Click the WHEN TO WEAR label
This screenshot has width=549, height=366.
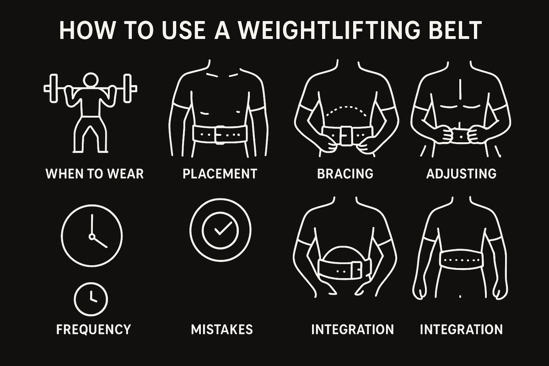(x=95, y=174)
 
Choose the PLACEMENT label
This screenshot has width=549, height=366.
(x=220, y=174)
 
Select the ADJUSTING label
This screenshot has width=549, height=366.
(x=461, y=174)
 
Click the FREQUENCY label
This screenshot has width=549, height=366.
(x=93, y=329)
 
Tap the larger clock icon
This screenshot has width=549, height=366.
(x=91, y=234)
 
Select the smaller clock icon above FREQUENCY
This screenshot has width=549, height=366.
(x=91, y=298)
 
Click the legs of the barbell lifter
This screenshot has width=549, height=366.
(x=91, y=135)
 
